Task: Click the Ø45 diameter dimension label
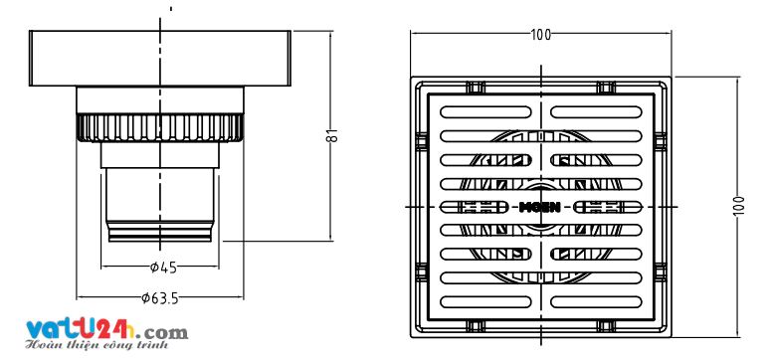(x=163, y=268)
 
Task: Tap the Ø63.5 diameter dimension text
(x=160, y=298)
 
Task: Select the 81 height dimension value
(x=332, y=135)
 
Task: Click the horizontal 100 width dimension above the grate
(x=541, y=35)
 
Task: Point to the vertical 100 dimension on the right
(x=738, y=206)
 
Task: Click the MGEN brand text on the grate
(x=540, y=207)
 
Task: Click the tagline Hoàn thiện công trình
(x=97, y=345)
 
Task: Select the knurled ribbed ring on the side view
(x=160, y=128)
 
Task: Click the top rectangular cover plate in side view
(x=160, y=58)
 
